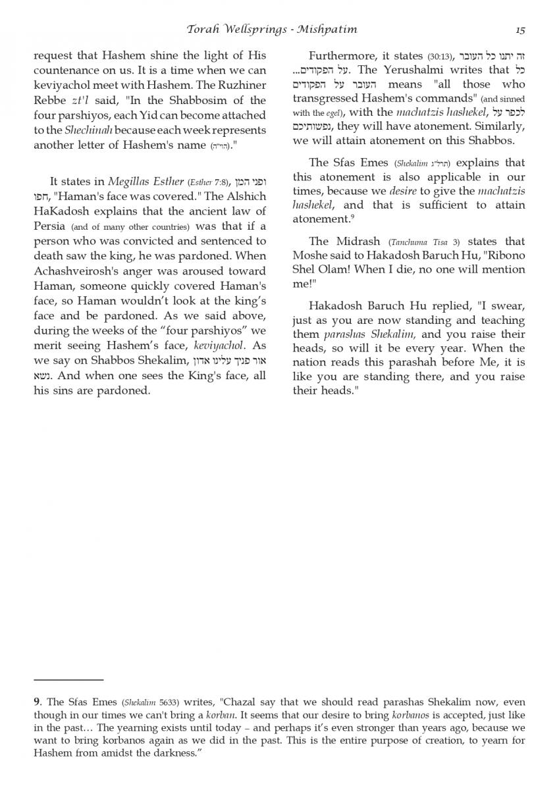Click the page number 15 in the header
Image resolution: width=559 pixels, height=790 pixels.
click(x=520, y=30)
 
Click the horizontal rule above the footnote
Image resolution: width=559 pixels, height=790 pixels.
click(x=68, y=679)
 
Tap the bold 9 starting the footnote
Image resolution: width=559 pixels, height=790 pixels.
click(x=37, y=702)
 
